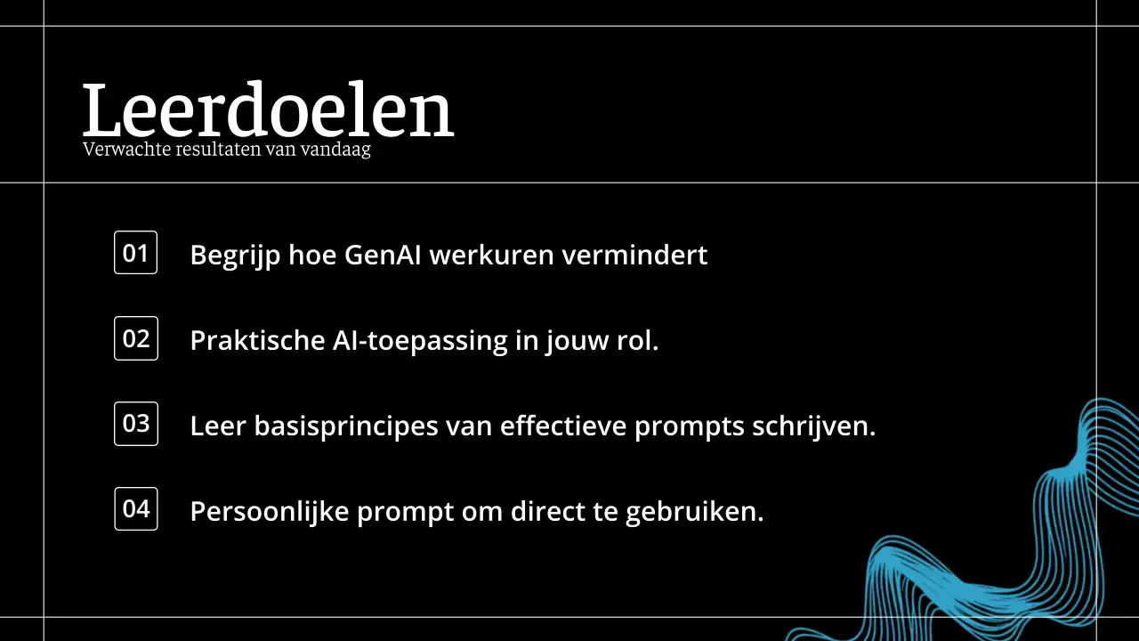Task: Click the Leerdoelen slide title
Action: tap(268, 111)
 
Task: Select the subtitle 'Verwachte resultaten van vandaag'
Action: tap(227, 150)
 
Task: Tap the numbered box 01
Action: tap(135, 253)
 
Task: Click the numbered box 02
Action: tap(136, 338)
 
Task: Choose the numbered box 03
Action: tap(136, 424)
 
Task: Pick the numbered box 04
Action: tap(136, 509)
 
